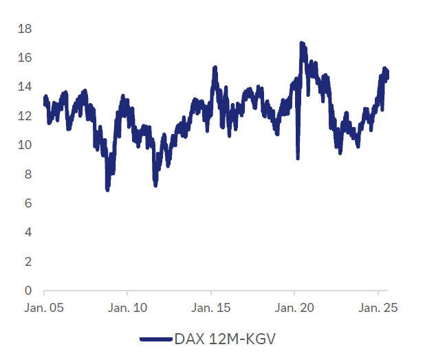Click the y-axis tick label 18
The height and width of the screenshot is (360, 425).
coord(25,29)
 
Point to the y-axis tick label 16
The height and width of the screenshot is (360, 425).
coord(25,58)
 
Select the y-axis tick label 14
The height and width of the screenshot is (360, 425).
coord(25,87)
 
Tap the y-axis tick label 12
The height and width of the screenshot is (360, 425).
coord(25,116)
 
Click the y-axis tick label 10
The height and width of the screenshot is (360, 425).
coord(25,145)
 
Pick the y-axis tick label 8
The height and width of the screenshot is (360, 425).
coord(28,175)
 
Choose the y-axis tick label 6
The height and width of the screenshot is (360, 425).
coord(28,203)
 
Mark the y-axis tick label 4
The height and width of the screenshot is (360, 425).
coord(28,232)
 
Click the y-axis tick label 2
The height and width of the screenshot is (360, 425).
coord(28,262)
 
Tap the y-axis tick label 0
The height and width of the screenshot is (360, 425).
coord(28,291)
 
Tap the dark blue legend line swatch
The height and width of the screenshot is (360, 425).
coord(155,339)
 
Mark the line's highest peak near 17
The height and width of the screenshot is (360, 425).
coord(301,43)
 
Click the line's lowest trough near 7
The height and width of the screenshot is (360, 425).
coord(107,189)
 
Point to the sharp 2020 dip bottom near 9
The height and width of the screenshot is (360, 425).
coord(298,158)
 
